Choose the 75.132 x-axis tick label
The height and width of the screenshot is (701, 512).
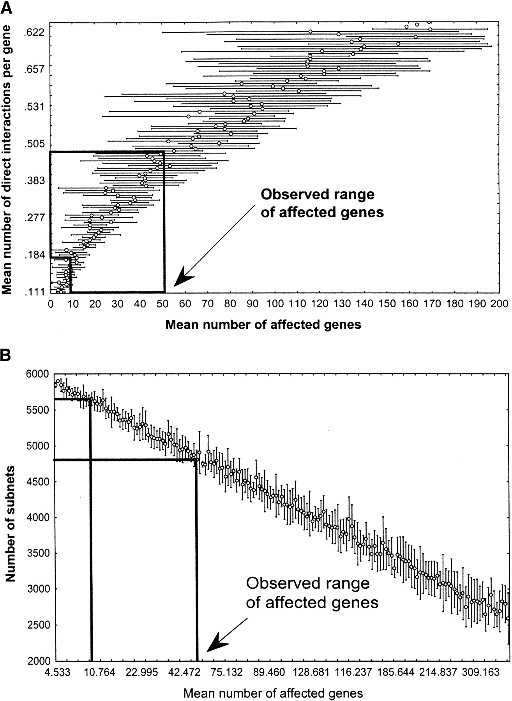(227, 672)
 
